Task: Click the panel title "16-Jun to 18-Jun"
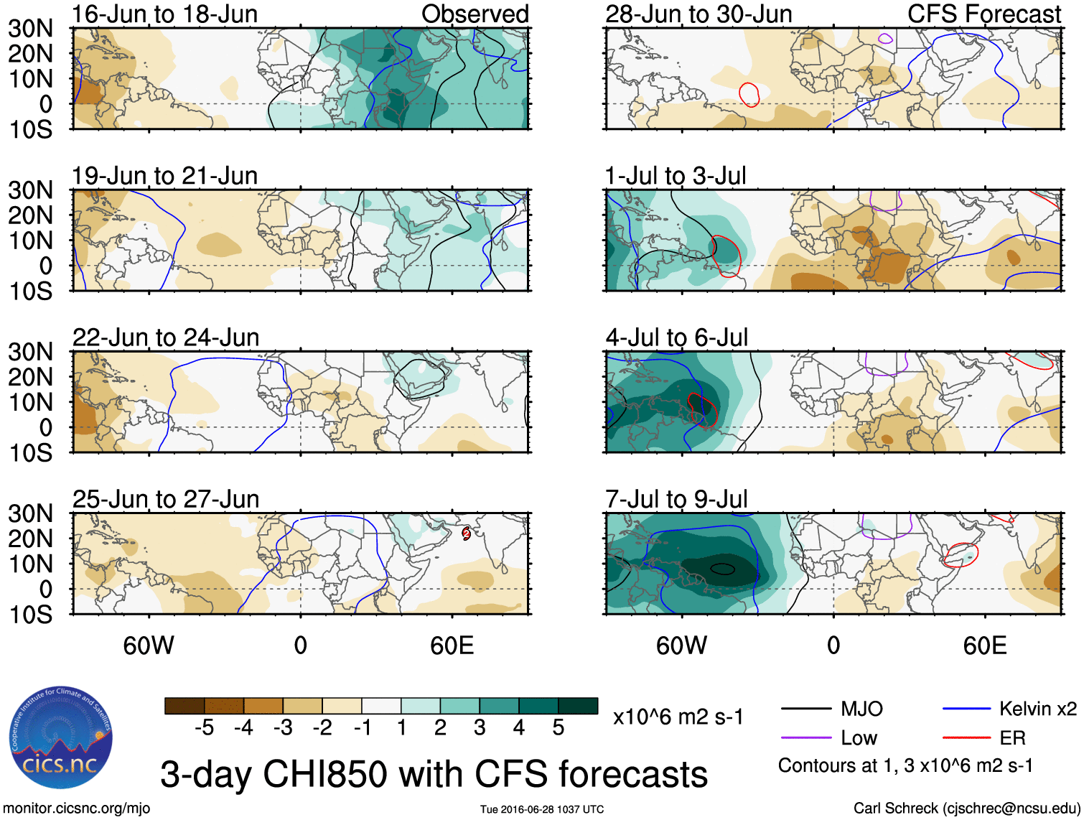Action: [x=164, y=14]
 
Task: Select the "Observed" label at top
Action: [x=475, y=14]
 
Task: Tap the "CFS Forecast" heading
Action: [x=983, y=14]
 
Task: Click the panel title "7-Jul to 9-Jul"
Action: [x=676, y=499]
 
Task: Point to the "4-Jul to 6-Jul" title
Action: [x=676, y=337]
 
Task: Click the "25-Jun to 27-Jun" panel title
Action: [x=165, y=499]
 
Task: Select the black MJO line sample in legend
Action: [x=805, y=709]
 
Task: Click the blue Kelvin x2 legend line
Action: [x=966, y=709]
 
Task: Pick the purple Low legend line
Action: [x=805, y=738]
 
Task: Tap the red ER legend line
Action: [x=966, y=738]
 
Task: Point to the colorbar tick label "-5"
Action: [x=205, y=728]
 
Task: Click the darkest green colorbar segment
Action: [x=578, y=706]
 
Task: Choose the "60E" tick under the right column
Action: [x=984, y=646]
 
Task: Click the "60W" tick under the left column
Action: [x=149, y=646]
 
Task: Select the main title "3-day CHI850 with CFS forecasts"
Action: [x=434, y=775]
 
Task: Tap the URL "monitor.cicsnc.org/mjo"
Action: [x=77, y=809]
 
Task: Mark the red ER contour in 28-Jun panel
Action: [x=749, y=95]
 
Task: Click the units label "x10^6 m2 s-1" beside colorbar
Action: [x=678, y=717]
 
